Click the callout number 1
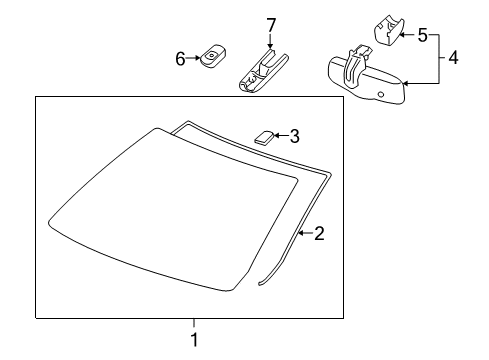click(x=194, y=339)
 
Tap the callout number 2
click(x=320, y=234)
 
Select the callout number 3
click(x=294, y=135)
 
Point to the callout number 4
click(x=453, y=58)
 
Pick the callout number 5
click(x=422, y=36)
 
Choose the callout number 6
click(x=181, y=59)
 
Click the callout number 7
click(x=269, y=23)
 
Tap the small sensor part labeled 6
click(x=212, y=57)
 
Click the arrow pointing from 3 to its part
click(x=280, y=135)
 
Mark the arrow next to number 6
click(x=194, y=59)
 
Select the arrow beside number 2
click(x=307, y=234)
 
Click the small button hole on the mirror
click(x=381, y=93)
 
